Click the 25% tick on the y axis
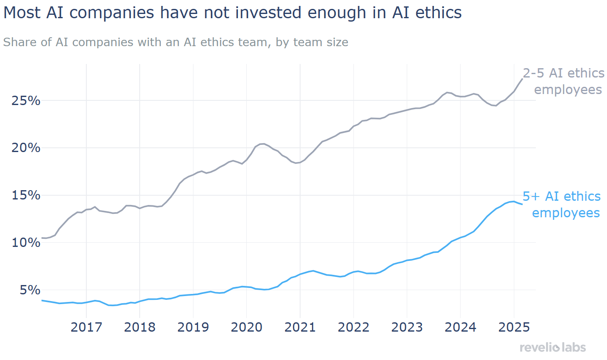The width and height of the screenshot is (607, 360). [x=26, y=101]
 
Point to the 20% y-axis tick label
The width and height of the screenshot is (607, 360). [x=26, y=148]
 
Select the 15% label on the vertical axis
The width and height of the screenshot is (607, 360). [x=26, y=195]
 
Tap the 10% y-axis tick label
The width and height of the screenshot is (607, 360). [x=26, y=243]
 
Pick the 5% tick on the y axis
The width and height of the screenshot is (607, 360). [x=30, y=290]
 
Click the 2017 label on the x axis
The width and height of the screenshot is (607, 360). [x=86, y=327]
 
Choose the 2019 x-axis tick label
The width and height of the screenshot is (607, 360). [x=193, y=327]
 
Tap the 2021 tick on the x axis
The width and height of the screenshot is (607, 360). [x=300, y=327]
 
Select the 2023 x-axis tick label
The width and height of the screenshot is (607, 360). [x=407, y=327]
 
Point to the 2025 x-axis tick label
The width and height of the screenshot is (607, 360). [x=514, y=327]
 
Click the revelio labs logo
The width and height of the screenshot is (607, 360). [x=553, y=348]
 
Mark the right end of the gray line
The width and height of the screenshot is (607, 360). [x=522, y=79]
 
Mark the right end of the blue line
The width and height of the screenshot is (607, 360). [x=522, y=204]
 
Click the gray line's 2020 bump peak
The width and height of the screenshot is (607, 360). [x=262, y=144]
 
